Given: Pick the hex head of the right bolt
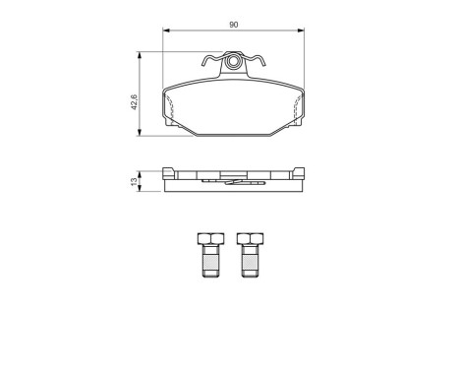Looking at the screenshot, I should point(248,239).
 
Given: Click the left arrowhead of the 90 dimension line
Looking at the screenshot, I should point(167,31).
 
